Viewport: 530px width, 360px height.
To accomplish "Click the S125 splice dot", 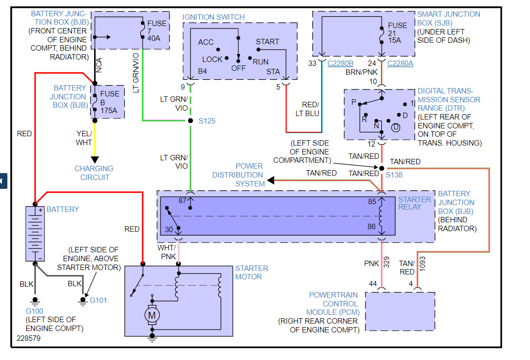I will (x=190, y=120).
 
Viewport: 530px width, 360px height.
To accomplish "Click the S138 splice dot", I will (x=381, y=168).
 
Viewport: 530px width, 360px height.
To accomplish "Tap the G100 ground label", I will (x=35, y=311).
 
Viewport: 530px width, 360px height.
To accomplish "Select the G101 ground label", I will (x=99, y=300).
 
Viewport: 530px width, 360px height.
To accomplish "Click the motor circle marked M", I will (x=152, y=315).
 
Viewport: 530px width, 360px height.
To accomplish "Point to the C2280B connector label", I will (x=340, y=63).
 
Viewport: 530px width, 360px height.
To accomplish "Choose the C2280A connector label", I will (x=400, y=63).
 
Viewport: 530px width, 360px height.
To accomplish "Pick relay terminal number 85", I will (x=372, y=201).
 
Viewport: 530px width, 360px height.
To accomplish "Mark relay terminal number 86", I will (x=372, y=227).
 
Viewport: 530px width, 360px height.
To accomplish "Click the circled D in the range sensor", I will (x=396, y=127).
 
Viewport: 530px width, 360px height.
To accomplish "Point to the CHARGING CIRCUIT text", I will (x=94, y=173).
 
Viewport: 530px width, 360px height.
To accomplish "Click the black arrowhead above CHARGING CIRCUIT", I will (x=95, y=159).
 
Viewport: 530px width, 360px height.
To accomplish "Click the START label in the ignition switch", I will (x=267, y=42).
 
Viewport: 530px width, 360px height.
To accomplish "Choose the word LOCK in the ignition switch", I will (x=212, y=60).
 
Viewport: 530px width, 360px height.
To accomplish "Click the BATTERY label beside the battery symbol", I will (x=63, y=210).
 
